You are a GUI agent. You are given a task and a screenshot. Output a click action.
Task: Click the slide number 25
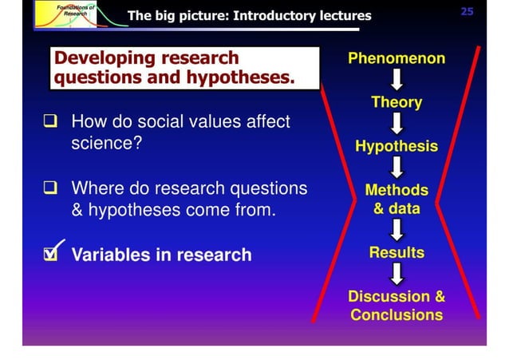467,12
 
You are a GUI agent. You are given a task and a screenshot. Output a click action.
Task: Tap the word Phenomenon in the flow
397,58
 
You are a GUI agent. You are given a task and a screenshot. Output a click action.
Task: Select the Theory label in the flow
397,102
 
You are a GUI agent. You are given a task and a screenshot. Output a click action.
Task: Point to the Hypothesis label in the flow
397,146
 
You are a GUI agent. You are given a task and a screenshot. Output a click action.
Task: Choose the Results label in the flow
397,252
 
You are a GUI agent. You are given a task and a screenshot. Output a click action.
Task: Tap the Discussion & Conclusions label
397,306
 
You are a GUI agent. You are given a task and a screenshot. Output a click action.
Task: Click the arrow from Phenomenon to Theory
397,80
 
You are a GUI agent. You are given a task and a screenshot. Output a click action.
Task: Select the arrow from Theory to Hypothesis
397,124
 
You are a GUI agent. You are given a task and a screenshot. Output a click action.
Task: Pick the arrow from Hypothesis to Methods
397,168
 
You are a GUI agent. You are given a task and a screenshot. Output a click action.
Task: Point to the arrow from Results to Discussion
397,275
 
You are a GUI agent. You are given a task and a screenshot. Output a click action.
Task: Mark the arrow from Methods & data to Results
397,230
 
